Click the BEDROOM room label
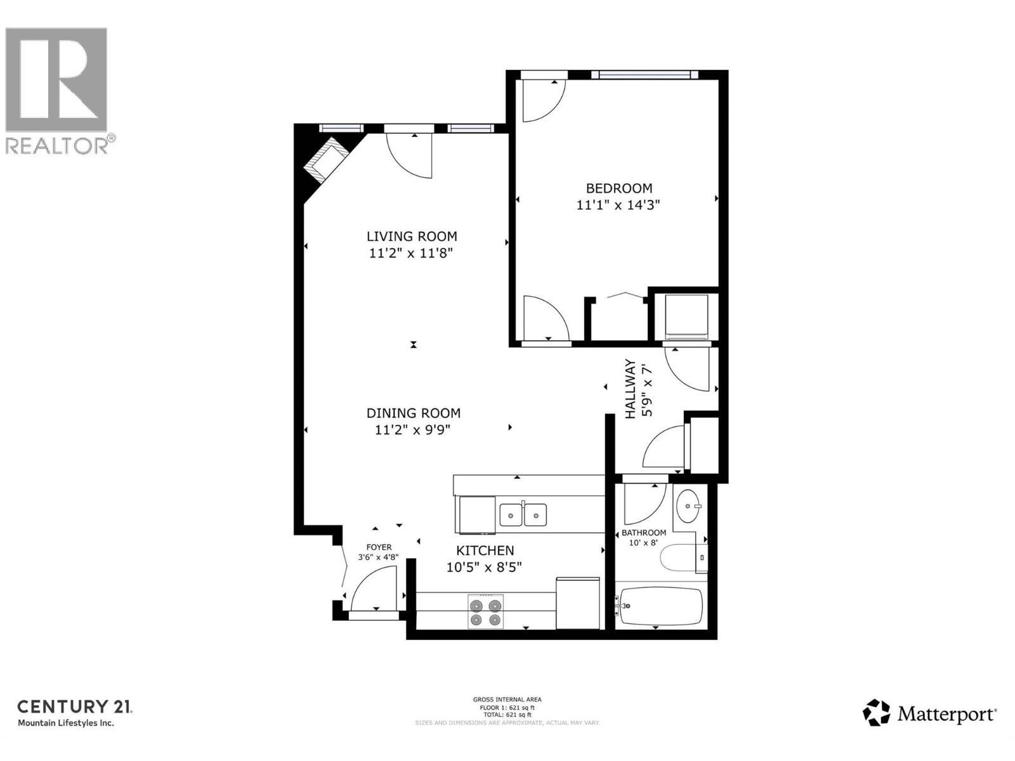619,188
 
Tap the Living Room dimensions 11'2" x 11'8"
411,253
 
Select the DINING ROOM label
413,413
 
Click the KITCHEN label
485,550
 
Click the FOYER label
379,547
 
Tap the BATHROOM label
643,533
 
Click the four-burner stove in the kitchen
485,611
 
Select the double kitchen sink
523,514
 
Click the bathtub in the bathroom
661,606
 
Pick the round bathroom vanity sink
688,506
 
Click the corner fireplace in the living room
325,161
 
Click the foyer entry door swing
375,589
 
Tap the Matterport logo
929,714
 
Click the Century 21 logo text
74,706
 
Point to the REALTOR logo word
57,145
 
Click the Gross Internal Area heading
507,699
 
